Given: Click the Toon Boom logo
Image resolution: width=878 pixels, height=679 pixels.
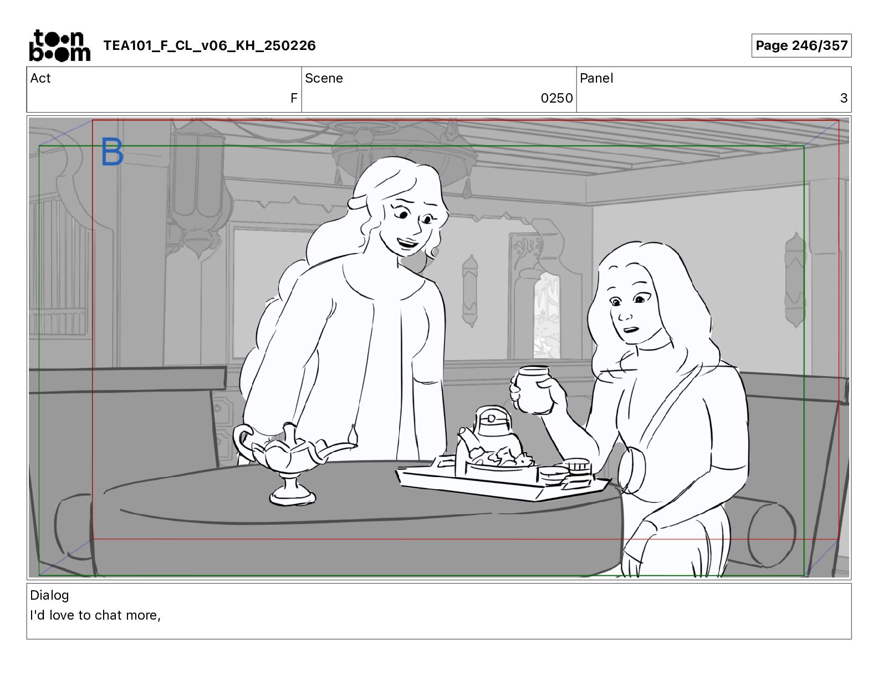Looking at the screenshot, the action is point(60,45).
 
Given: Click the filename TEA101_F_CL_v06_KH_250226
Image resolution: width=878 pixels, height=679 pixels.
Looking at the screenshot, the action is point(210,45).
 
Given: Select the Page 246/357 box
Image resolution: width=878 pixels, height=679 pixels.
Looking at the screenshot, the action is point(802,45).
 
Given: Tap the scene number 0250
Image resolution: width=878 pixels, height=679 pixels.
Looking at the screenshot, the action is point(557,98).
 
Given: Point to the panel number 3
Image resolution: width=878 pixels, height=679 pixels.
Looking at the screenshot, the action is point(844,98).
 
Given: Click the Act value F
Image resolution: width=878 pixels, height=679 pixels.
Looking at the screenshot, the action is point(294,98).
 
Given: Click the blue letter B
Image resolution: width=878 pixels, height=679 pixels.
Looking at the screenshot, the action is point(112,151).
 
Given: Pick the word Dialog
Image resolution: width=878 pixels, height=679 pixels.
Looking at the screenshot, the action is point(49,595).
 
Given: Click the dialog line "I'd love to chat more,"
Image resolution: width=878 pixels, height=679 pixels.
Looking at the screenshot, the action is point(95,615).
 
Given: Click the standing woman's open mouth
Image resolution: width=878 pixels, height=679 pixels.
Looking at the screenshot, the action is point(407,244).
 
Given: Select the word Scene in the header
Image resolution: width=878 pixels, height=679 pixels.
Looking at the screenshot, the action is point(324,78).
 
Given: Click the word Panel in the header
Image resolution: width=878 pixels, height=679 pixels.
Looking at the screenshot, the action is point(596,78).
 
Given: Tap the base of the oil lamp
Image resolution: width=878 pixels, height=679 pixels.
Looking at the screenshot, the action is point(293,495).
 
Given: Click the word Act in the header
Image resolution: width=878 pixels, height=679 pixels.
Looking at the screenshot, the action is point(40,78).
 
